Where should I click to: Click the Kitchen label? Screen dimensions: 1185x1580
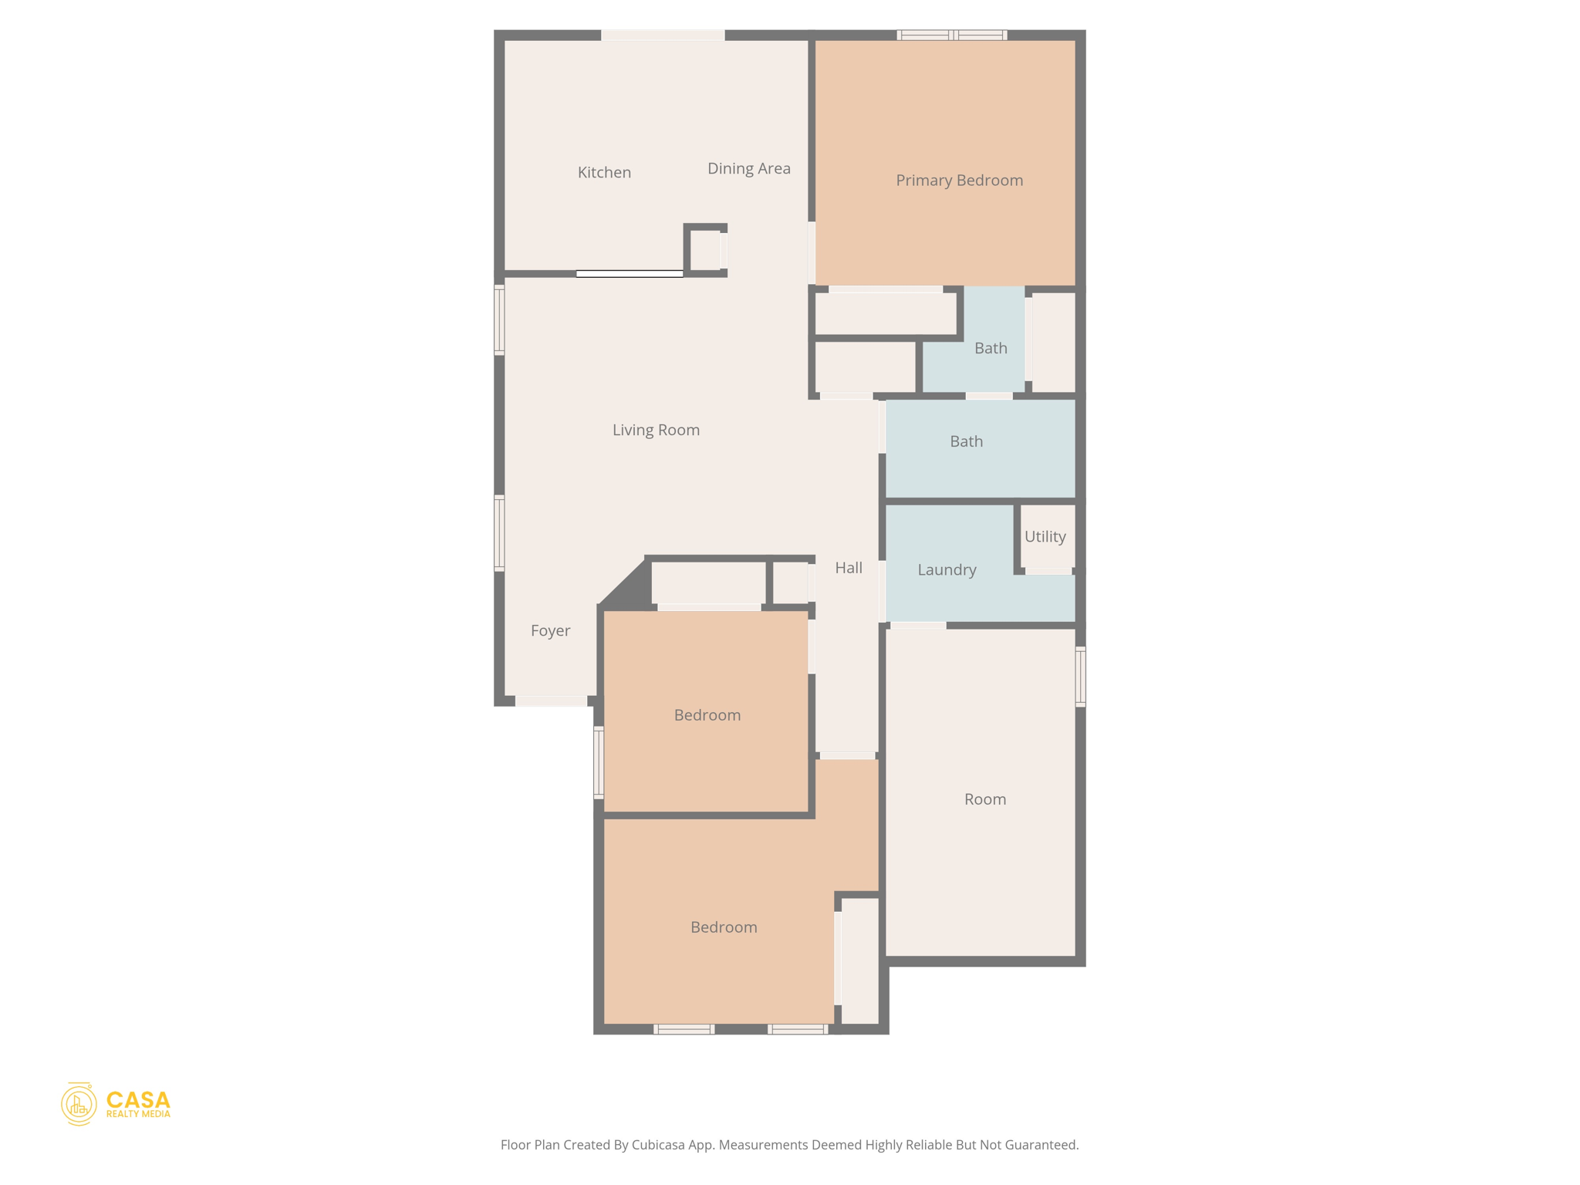coord(604,172)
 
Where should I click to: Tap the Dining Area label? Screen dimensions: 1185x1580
coord(748,168)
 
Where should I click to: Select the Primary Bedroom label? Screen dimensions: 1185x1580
coord(959,180)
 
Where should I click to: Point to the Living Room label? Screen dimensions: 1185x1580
coord(656,430)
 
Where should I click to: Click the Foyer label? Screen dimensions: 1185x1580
coord(550,630)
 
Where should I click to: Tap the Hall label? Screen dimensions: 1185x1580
coord(848,568)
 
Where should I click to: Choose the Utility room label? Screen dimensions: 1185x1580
coord(1045,536)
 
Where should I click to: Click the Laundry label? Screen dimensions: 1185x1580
coord(947,569)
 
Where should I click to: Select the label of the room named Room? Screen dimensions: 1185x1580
coord(984,799)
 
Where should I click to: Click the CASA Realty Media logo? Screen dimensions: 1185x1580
coord(116,1104)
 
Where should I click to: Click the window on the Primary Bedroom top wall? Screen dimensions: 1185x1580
coord(952,35)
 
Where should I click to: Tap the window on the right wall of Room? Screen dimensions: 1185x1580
coord(1080,677)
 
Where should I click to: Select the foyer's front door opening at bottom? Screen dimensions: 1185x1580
coord(551,701)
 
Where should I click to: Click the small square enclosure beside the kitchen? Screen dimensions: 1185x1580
coord(705,250)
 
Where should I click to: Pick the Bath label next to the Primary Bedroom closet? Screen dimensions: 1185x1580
coord(991,348)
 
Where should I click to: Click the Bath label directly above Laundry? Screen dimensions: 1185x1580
coord(966,441)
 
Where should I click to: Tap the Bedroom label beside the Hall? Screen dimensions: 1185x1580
coord(707,715)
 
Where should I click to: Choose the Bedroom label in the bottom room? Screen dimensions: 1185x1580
coord(723,927)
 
